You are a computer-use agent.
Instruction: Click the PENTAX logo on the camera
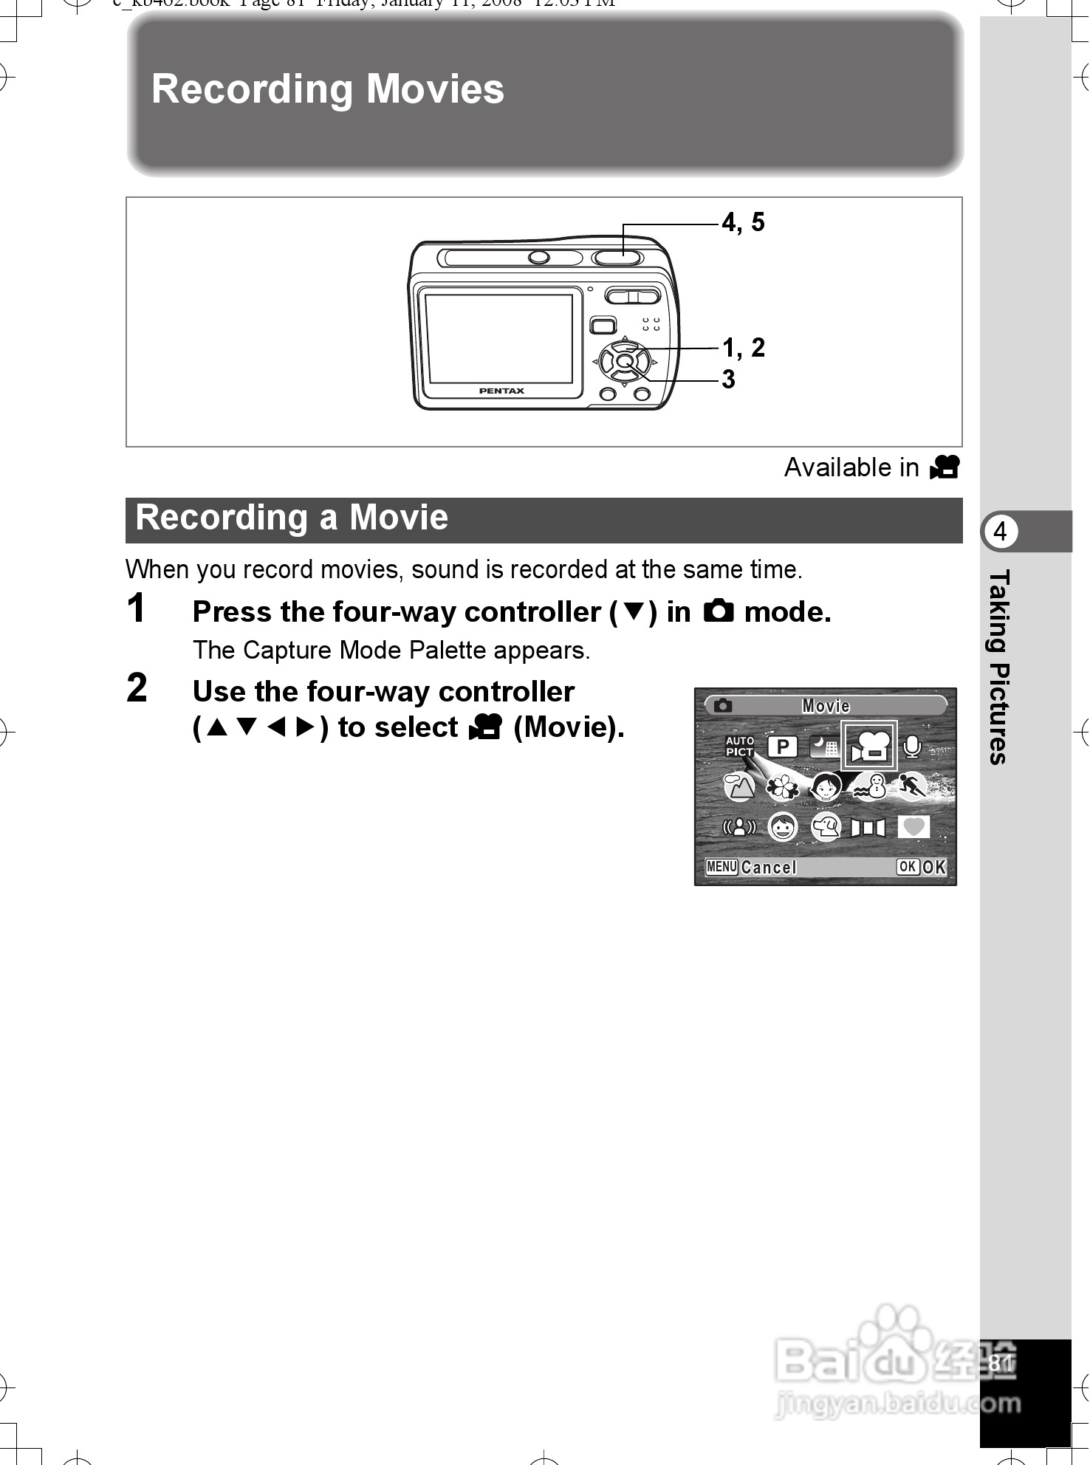(501, 391)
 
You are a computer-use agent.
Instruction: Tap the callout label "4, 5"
(744, 222)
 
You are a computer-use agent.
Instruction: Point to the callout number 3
(729, 380)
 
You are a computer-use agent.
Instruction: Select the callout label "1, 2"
(744, 347)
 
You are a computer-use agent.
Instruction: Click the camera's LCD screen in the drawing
(499, 337)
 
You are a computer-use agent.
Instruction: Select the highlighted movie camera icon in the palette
(870, 746)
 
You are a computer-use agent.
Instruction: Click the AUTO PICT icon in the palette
(740, 747)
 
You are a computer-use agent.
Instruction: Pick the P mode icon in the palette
(782, 747)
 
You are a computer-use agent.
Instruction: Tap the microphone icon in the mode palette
(913, 747)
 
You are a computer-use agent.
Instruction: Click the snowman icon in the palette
(870, 787)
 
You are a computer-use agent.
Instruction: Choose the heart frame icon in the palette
(914, 827)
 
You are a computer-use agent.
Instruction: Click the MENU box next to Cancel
(721, 867)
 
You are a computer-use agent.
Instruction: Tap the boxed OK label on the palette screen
(908, 867)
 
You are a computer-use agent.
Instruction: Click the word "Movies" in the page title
(435, 89)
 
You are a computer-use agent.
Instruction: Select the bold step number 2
(137, 688)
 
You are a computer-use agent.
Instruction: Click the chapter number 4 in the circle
(1001, 532)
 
